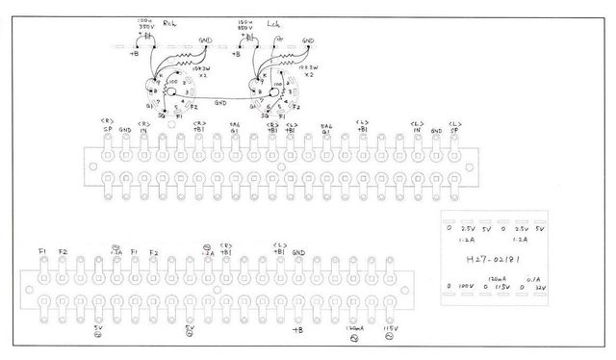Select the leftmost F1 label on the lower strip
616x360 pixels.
[42, 252]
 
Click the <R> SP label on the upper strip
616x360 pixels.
[108, 126]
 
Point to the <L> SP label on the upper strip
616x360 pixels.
[453, 126]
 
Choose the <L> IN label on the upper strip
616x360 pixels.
[418, 126]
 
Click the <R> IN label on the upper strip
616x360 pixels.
[143, 126]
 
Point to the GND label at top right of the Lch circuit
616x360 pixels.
[307, 40]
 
